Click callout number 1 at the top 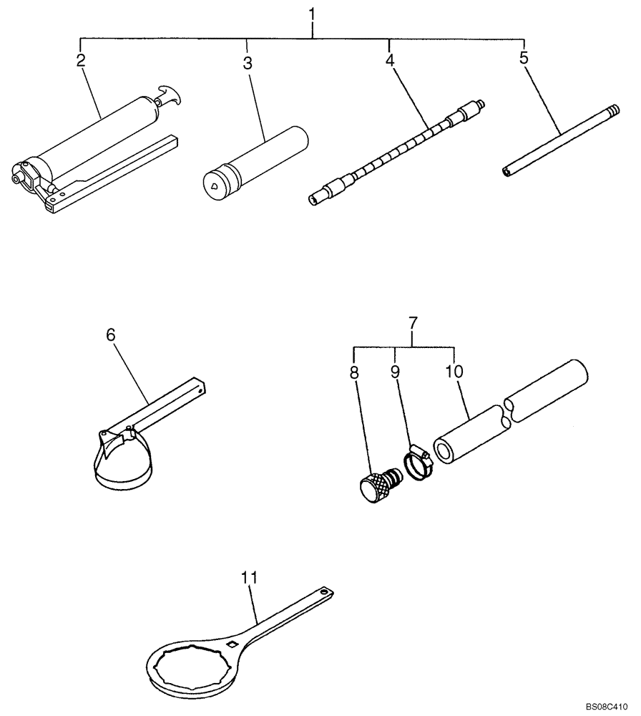click(313, 14)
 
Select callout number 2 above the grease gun click(80, 60)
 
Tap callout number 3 click(248, 64)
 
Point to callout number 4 click(389, 61)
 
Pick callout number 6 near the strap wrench click(110, 334)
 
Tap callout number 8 click(355, 372)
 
